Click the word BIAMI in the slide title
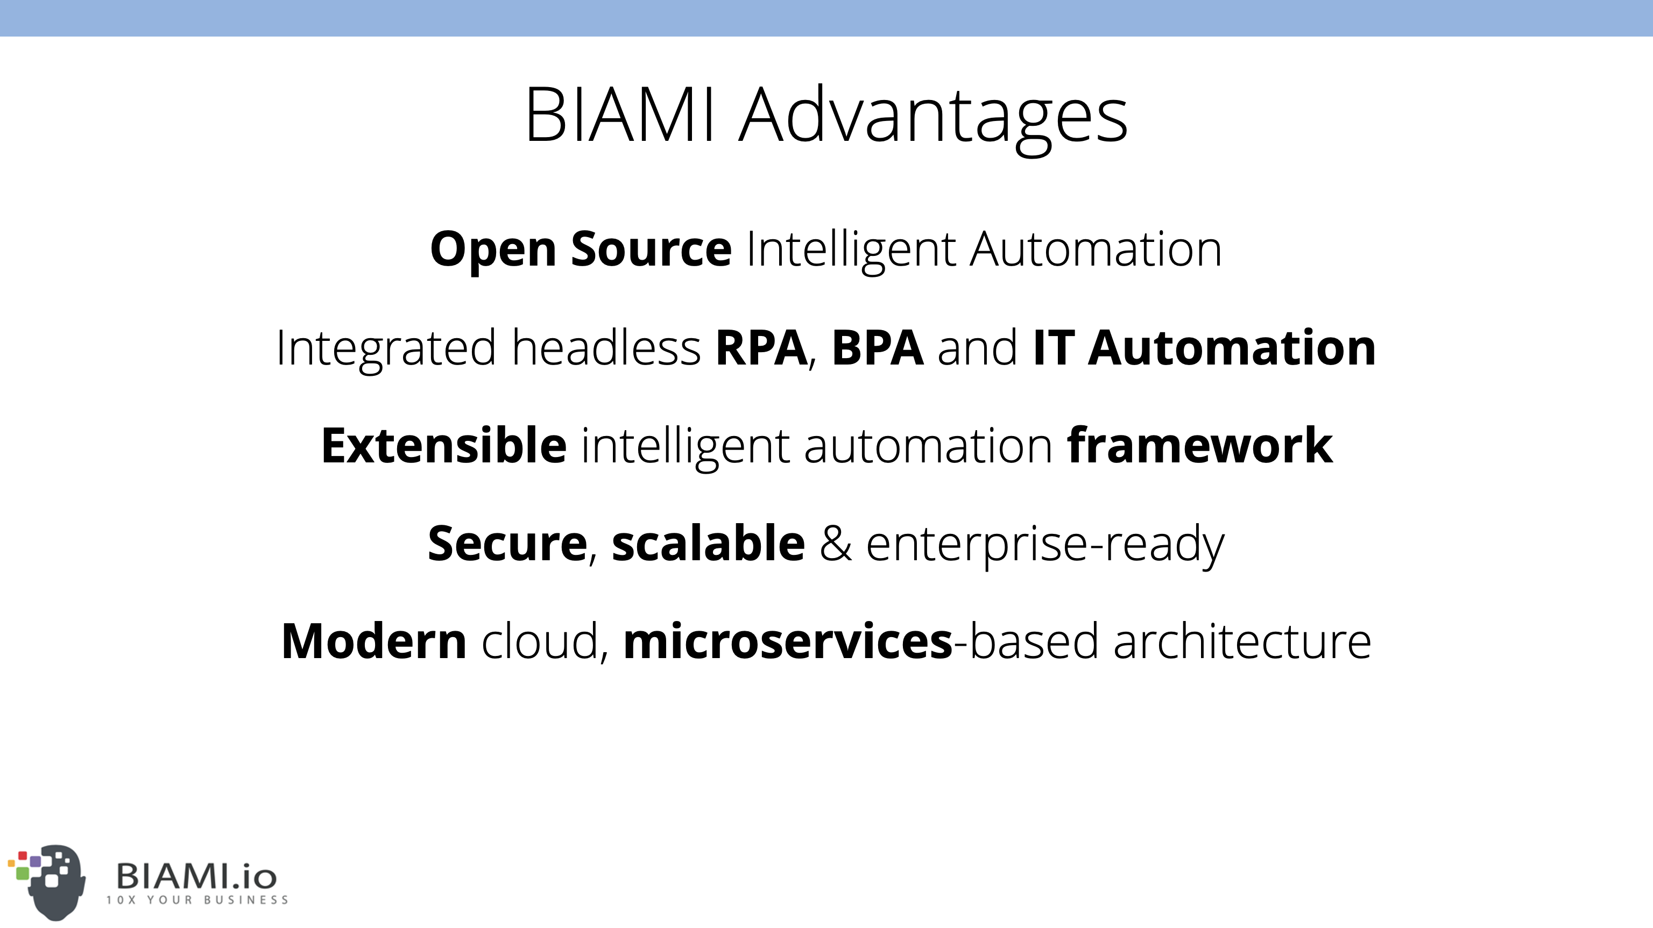620,115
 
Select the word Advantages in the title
933,119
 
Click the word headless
606,347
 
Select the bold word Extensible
444,445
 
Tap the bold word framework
1199,445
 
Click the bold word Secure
507,543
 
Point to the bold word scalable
709,542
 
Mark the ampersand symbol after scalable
836,543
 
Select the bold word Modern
374,641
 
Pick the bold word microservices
788,641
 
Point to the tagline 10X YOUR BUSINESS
197,900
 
